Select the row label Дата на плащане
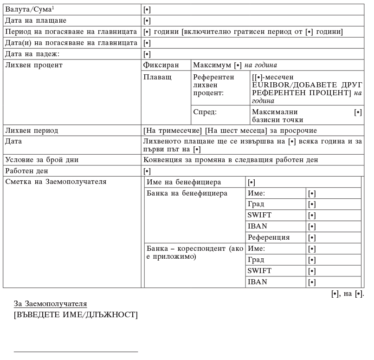(36, 20)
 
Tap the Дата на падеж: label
(32, 54)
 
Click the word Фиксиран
(161, 65)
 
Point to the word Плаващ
(158, 77)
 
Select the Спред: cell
(205, 112)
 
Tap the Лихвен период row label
(32, 131)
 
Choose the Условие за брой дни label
(42, 160)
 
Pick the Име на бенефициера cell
(184, 182)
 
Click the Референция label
(269, 237)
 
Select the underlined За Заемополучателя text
(51, 304)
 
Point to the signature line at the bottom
(76, 352)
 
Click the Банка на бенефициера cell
(187, 193)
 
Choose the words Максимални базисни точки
(275, 116)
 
